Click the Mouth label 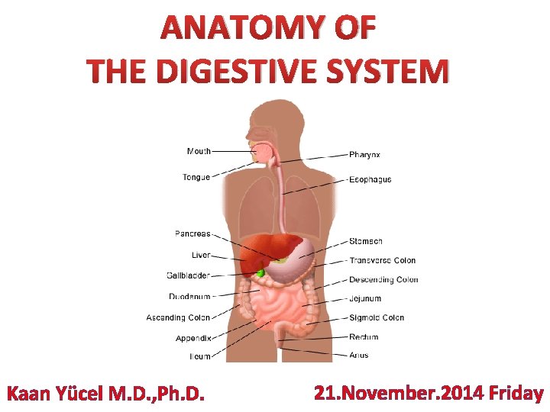tap(199, 151)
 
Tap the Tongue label tap(196, 178)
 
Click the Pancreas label tap(192, 234)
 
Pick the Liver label tap(201, 255)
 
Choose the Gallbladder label tap(188, 275)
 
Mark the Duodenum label tap(189, 296)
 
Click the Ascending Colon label tap(178, 317)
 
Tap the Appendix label tap(193, 338)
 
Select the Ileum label tap(200, 356)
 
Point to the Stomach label tap(366, 242)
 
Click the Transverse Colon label tap(383, 261)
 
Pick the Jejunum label tap(365, 299)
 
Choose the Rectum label tap(364, 337)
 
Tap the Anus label tap(359, 355)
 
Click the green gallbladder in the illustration tap(261, 272)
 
